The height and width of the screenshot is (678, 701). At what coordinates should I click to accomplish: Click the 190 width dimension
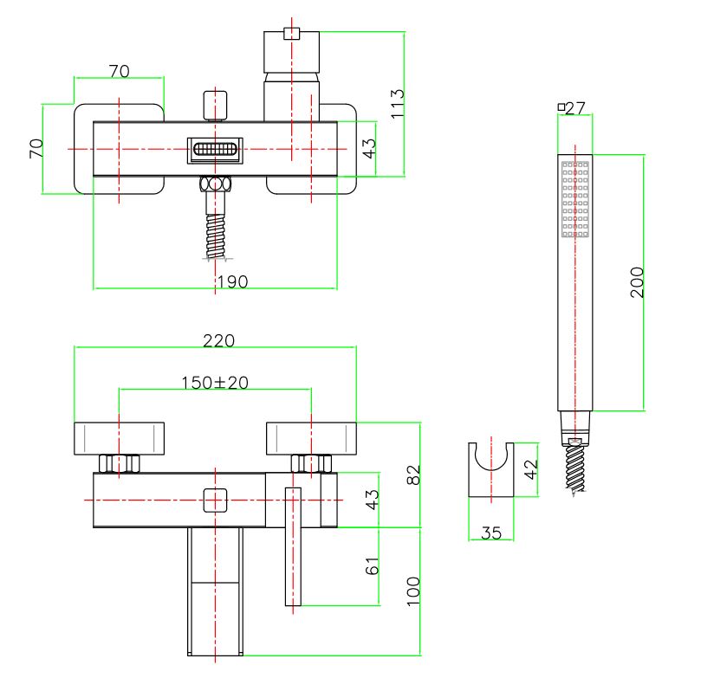(231, 281)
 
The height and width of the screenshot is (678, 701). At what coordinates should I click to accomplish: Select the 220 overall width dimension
(218, 340)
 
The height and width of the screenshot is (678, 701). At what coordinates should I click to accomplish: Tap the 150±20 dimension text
(214, 383)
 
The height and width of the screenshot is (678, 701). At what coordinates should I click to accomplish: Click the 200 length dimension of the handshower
(637, 282)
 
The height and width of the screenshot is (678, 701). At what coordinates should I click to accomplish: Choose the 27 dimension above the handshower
(575, 108)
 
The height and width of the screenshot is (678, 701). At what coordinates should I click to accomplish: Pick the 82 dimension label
(413, 475)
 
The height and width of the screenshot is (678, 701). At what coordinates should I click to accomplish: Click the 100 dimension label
(413, 590)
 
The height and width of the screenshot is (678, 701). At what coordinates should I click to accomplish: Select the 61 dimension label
(373, 567)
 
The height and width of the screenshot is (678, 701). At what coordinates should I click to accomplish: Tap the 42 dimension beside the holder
(531, 468)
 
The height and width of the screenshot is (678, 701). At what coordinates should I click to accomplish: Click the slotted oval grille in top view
(216, 150)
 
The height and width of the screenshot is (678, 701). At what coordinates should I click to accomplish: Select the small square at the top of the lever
(292, 35)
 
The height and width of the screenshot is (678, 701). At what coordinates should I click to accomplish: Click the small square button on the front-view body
(213, 500)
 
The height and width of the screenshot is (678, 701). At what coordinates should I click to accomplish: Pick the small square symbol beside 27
(561, 107)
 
